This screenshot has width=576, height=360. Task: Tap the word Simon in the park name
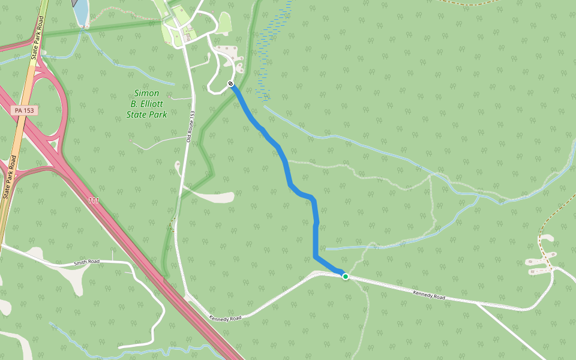[146, 93]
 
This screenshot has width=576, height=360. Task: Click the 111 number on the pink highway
[93, 200]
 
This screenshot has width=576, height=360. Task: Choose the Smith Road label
[86, 262]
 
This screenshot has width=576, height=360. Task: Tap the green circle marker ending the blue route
[346, 277]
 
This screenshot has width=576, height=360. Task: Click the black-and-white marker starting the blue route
[231, 83]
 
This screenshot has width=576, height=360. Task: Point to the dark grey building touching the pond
[74, 2]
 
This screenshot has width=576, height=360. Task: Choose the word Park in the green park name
[157, 114]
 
